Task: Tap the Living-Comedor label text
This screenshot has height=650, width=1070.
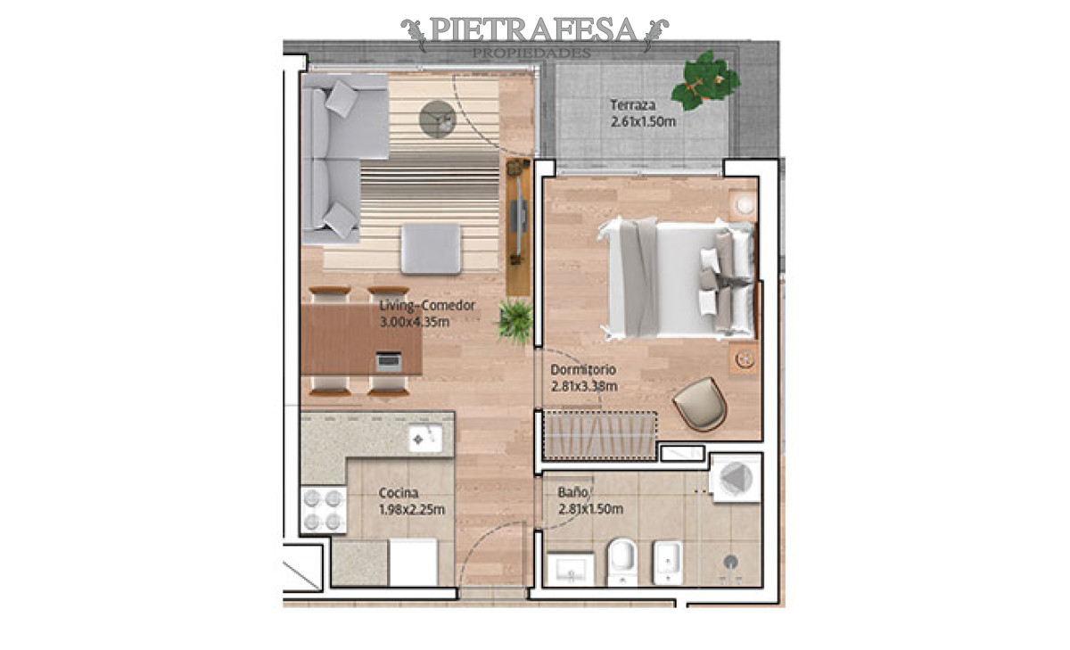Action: point(427,306)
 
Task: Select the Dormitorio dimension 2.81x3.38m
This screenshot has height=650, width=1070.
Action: point(584,386)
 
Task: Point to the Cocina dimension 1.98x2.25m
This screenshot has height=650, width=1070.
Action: point(411,509)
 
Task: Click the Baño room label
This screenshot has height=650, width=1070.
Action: point(572,491)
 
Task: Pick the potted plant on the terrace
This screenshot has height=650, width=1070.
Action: point(705,80)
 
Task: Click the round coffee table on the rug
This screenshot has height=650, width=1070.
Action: point(437,119)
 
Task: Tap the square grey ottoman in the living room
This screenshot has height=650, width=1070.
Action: point(431,248)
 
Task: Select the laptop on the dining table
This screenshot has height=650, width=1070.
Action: point(388,361)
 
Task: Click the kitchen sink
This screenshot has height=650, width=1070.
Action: point(425,439)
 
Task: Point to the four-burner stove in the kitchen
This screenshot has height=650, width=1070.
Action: point(323,510)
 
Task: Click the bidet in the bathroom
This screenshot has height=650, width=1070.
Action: point(667,562)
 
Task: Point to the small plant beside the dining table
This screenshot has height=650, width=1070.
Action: point(515,321)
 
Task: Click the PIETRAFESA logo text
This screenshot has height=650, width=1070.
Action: point(533,31)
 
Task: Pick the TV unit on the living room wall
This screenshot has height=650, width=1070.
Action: point(518,227)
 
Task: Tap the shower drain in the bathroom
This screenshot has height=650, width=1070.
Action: point(731,561)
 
